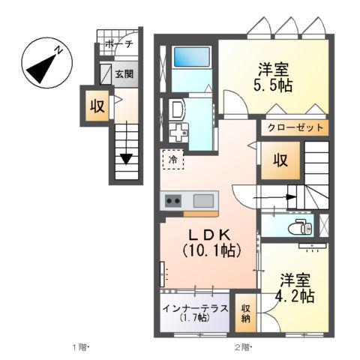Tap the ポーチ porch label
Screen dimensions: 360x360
click(118, 44)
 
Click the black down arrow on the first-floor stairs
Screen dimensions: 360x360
click(127, 158)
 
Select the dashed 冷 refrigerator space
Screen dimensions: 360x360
click(172, 159)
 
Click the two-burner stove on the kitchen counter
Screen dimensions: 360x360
click(173, 200)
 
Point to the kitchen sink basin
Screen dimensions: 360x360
click(204, 200)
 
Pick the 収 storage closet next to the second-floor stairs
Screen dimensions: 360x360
click(279, 160)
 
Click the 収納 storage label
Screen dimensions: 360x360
click(245, 313)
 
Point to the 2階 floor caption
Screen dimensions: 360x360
click(241, 347)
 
